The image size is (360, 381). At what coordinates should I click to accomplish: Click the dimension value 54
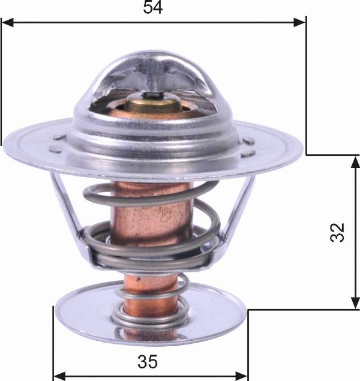tap(153, 8)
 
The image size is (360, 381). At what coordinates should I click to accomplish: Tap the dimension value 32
tap(338, 232)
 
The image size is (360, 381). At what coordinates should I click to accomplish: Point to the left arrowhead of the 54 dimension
tap(7, 23)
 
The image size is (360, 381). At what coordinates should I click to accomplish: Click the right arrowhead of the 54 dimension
tap(300, 23)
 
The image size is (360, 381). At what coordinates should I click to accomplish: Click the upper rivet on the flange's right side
tap(248, 141)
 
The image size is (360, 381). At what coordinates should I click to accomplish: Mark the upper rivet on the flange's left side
tap(59, 137)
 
